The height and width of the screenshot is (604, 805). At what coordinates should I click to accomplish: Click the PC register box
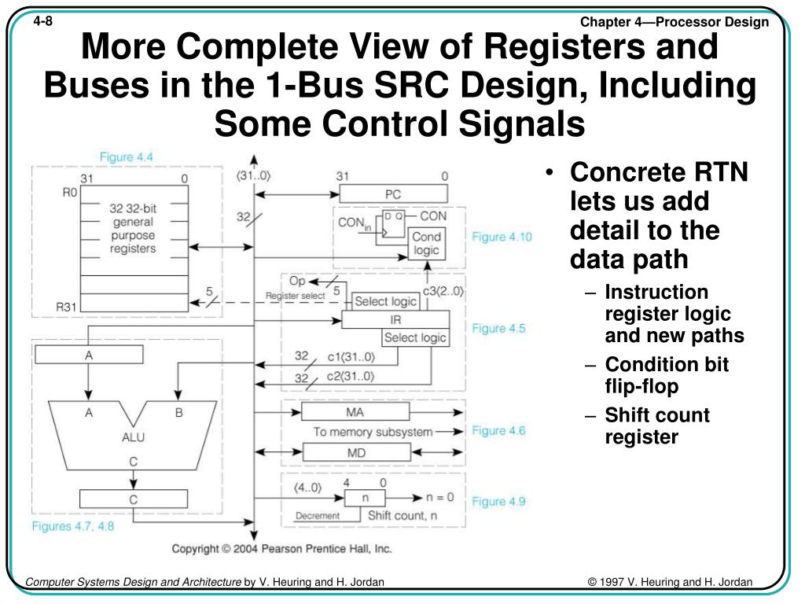[392, 193]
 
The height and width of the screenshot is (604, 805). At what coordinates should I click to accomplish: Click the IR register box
[395, 320]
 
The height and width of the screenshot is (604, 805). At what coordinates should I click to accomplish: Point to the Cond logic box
[427, 244]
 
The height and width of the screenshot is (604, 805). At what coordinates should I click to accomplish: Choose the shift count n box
[365, 498]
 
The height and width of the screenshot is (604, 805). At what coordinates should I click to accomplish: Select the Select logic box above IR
[385, 301]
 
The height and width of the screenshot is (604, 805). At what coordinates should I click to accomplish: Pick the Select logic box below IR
[415, 338]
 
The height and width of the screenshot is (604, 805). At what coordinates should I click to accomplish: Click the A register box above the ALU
[89, 355]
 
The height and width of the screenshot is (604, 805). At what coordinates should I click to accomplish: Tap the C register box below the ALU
[134, 498]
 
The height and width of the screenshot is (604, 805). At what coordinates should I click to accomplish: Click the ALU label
[133, 436]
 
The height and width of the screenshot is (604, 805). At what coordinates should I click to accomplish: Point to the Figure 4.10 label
[502, 237]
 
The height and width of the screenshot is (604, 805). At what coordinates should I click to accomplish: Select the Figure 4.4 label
[126, 157]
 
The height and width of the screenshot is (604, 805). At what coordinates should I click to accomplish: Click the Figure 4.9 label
[498, 501]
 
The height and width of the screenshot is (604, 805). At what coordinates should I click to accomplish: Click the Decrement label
[318, 517]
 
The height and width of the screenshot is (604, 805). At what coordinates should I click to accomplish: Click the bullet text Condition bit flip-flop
[667, 375]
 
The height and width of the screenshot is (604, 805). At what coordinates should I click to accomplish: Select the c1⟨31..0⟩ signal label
[351, 358]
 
